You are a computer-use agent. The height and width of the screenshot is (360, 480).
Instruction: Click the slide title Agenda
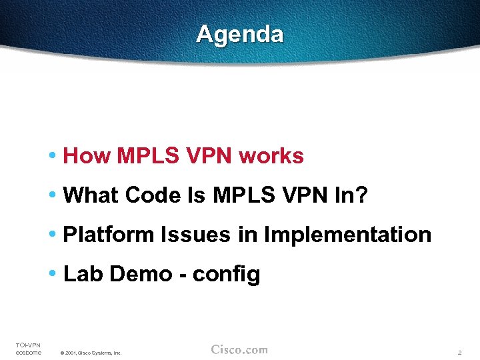click(240, 34)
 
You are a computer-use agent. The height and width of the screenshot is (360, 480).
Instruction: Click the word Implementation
click(347, 235)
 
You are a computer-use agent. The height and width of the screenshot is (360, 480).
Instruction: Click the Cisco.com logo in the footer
click(239, 349)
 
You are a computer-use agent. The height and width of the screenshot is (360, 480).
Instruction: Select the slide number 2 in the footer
click(459, 352)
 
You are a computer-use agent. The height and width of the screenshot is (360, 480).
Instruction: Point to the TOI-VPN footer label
click(28, 345)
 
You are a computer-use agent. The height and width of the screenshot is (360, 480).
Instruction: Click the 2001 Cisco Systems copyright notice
click(91, 353)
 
